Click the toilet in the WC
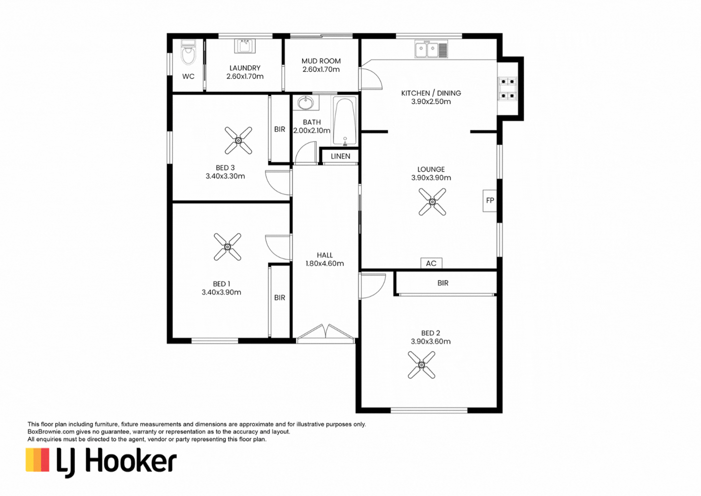point(188,53)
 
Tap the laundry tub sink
point(245,46)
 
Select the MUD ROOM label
point(321,61)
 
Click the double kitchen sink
point(431,49)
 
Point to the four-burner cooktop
point(508,88)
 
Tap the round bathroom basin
point(305,103)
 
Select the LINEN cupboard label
point(340,156)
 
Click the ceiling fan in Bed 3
point(238,140)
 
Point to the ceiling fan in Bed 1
point(227,247)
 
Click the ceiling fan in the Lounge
point(432,202)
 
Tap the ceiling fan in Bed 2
point(421,365)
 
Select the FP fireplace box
point(490,200)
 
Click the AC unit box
point(431,263)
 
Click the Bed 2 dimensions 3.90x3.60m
point(431,341)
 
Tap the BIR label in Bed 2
point(443,283)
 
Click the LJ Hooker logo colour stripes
point(37,460)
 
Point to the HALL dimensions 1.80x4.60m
point(325,263)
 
